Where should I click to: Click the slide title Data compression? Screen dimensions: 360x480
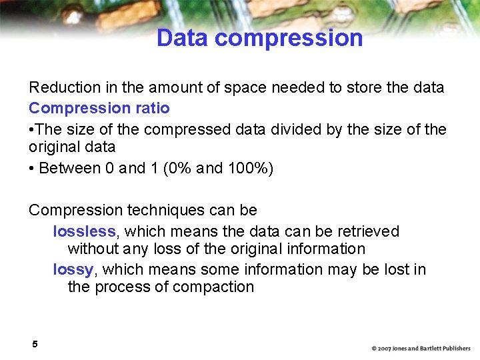tap(259, 38)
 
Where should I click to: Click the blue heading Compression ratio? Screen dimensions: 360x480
tap(99, 108)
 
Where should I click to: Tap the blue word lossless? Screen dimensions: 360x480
tap(84, 231)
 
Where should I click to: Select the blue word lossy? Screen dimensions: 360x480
tap(73, 269)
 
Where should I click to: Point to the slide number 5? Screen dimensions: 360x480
tap(34, 344)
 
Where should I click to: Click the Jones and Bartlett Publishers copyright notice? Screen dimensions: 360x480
tap(421, 349)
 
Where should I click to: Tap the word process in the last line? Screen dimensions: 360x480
tap(123, 287)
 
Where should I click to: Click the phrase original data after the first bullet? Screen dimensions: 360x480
tap(72, 147)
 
